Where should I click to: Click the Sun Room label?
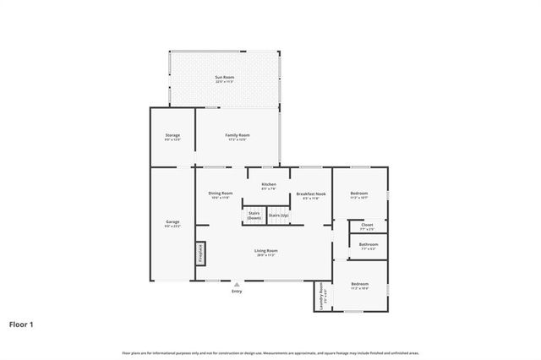(x=224, y=79)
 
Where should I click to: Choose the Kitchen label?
(x=269, y=186)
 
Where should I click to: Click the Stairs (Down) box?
(x=254, y=216)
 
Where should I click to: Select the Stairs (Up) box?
(x=278, y=216)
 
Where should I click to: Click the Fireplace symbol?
(x=201, y=254)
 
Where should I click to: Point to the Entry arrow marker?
(x=237, y=285)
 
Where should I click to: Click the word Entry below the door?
(x=237, y=292)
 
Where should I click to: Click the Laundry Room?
(x=322, y=296)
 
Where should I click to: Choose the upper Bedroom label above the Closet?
(x=359, y=195)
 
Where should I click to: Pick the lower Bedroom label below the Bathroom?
(x=360, y=285)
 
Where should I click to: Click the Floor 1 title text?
(x=22, y=324)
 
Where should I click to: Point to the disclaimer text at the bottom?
(x=270, y=352)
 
